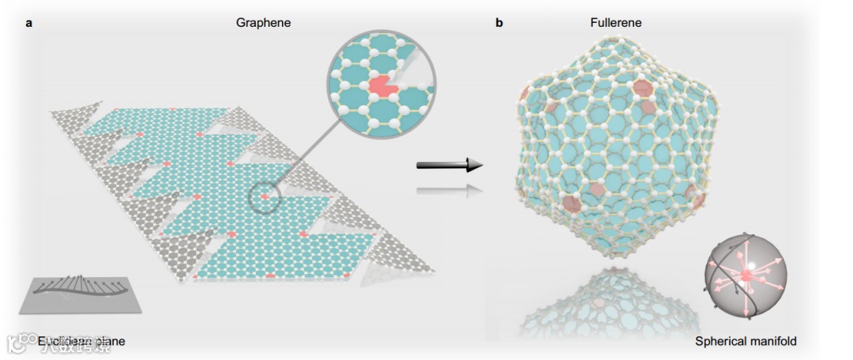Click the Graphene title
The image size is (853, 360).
[x=263, y=23]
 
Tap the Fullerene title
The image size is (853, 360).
[x=617, y=23]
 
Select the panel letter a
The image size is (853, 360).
[x=29, y=23]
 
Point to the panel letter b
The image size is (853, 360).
[x=499, y=23]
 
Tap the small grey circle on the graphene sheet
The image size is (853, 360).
[x=265, y=197]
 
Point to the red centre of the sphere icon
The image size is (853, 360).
[x=745, y=276]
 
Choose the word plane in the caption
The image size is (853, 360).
[x=109, y=341]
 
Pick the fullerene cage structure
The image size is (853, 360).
[x=608, y=142]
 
